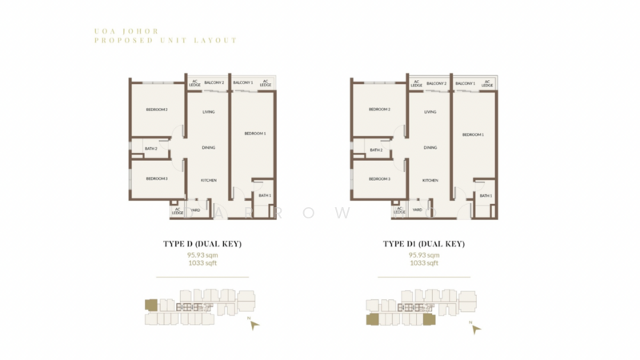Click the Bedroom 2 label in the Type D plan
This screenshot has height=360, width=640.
click(156, 110)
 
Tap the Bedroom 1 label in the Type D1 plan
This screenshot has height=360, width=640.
click(473, 134)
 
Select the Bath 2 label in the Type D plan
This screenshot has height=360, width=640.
click(150, 150)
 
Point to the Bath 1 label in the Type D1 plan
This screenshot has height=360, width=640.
click(486, 195)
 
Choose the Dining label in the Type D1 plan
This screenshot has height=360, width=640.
click(430, 148)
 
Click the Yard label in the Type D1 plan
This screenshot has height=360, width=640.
click(417, 210)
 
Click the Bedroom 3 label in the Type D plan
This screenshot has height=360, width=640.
click(156, 178)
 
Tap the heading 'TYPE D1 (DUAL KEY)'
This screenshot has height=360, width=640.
click(424, 243)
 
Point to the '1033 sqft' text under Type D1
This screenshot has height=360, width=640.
click(424, 263)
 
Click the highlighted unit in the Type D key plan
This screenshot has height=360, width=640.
click(150, 305)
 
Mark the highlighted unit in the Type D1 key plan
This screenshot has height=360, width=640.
click(374, 319)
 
